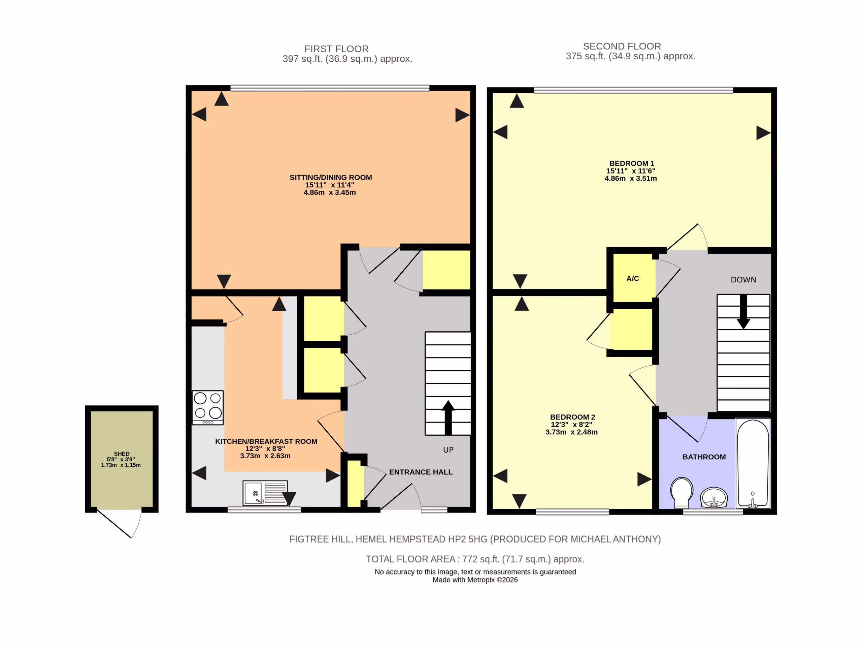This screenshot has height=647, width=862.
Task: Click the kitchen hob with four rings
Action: [208, 407]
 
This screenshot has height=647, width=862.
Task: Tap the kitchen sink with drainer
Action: [265, 493]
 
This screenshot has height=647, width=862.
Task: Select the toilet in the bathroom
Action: [682, 493]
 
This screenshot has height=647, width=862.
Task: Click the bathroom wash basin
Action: [714, 497]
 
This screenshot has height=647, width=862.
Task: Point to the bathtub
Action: [753, 463]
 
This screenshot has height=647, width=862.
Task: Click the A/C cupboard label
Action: [632, 278]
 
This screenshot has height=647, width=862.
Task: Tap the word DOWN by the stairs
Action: [743, 280]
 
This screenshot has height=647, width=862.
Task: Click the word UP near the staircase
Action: [448, 450]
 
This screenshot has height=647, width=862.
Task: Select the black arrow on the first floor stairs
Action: [448, 417]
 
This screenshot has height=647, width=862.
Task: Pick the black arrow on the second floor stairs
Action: [743, 312]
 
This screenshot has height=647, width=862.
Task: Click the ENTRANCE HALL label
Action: [421, 472]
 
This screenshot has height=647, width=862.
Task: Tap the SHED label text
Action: [122, 454]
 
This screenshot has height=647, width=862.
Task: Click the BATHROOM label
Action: [704, 457]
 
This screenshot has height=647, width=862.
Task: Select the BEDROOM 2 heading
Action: [572, 417]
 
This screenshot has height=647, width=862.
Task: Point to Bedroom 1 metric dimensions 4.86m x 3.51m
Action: [631, 178]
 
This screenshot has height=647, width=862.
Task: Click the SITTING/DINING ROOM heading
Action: [330, 178]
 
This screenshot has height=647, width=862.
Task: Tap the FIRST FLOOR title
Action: [336, 49]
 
